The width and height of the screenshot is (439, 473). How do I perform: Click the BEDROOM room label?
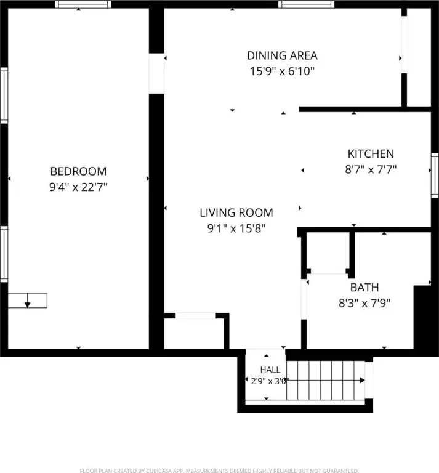click(78, 171)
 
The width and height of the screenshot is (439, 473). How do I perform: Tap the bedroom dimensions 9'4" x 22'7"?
click(78, 187)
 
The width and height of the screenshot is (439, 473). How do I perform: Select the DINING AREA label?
click(282, 55)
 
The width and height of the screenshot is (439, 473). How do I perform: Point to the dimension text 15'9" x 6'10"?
click(282, 71)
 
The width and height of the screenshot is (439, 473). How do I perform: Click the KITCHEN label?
click(371, 154)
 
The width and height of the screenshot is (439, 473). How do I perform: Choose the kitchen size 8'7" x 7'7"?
click(371, 169)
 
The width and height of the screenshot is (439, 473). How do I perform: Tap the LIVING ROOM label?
click(236, 213)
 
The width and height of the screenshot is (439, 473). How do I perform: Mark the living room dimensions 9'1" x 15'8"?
click(236, 228)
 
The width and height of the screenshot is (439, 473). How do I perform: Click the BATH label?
click(364, 288)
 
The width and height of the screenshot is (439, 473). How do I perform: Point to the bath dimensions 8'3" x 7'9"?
click(364, 303)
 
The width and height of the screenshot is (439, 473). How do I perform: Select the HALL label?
click(270, 370)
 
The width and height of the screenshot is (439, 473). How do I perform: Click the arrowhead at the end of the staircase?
click(363, 381)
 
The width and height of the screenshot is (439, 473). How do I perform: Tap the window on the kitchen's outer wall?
click(435, 176)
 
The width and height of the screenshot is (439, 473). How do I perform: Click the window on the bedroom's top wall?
click(83, 4)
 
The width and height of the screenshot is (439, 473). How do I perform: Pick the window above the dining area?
click(306, 4)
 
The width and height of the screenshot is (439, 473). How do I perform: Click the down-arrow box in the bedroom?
click(28, 301)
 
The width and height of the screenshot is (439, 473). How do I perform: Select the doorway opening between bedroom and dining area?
click(156, 74)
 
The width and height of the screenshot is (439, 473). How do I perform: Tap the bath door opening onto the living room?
click(304, 299)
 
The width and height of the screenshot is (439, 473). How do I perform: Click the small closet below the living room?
click(196, 331)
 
